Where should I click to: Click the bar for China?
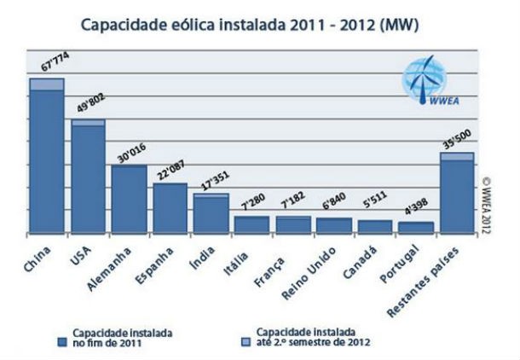(x=47, y=158)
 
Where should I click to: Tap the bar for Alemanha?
(x=129, y=199)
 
